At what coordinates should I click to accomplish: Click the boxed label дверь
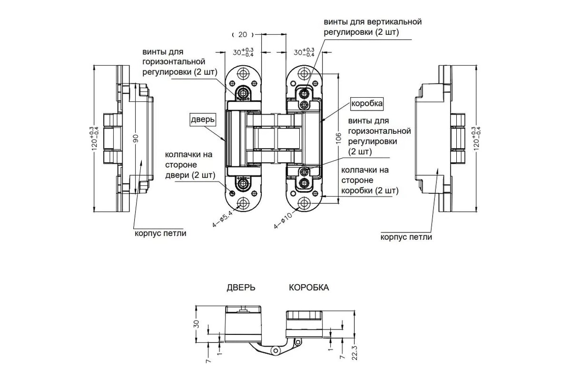click(x=204, y=119)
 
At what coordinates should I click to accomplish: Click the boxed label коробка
click(x=366, y=103)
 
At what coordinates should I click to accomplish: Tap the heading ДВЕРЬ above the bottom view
click(x=240, y=288)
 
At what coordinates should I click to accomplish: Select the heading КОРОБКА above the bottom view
click(x=309, y=288)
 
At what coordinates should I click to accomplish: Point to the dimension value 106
click(x=339, y=137)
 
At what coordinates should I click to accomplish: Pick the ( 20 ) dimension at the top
click(x=243, y=34)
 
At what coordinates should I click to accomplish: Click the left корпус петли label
click(x=160, y=233)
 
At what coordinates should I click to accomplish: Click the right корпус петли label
click(x=406, y=237)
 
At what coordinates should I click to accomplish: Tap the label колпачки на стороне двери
click(x=188, y=165)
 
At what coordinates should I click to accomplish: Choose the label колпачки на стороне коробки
click(x=370, y=180)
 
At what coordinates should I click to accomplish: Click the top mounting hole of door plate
click(x=244, y=74)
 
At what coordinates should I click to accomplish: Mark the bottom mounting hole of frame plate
click(x=305, y=204)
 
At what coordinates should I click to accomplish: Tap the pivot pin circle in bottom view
click(x=275, y=351)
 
